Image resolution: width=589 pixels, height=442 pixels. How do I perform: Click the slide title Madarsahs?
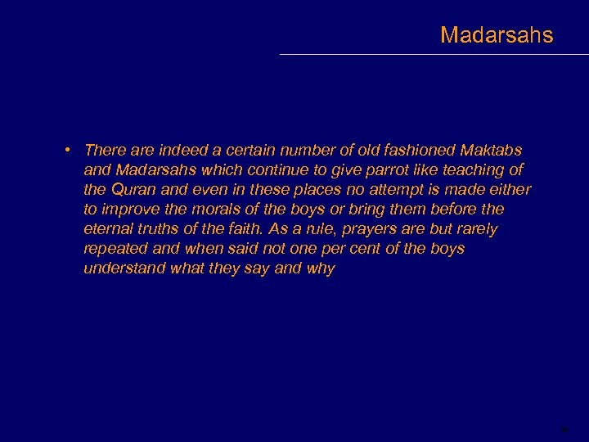pos(497,35)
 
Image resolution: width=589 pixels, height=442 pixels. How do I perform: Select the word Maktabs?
pos(491,151)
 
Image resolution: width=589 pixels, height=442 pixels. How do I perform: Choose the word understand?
pos(124,268)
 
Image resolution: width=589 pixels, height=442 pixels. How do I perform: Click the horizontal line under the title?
pos(434,54)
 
